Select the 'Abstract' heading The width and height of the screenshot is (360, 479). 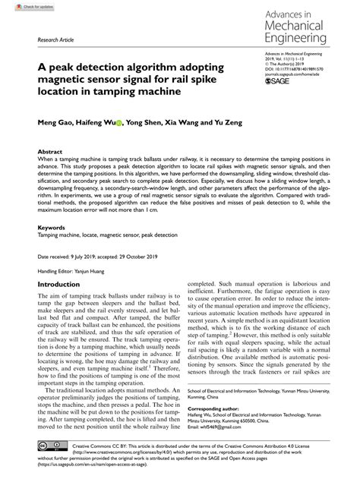[x=50, y=153]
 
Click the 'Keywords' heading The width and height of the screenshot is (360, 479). [x=52, y=227]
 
